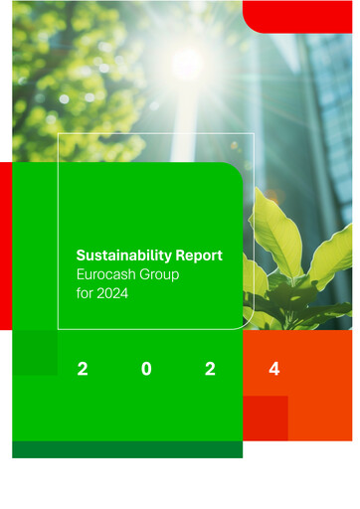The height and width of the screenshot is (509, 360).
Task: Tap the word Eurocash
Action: coord(106,274)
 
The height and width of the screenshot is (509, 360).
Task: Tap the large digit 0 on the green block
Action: coord(146,370)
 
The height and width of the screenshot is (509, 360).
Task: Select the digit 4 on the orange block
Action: coord(274,370)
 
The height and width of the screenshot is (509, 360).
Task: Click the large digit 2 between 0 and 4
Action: coord(210,370)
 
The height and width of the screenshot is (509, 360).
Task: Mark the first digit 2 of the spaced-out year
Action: coord(82,370)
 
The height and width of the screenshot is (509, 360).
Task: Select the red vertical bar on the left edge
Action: coord(5,245)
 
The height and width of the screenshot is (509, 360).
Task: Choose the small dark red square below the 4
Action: coord(266,418)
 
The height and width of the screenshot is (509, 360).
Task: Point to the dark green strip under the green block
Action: coord(127,449)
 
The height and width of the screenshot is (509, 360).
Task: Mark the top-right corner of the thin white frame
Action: coord(254,133)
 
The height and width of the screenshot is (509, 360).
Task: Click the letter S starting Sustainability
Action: coord(81,256)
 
